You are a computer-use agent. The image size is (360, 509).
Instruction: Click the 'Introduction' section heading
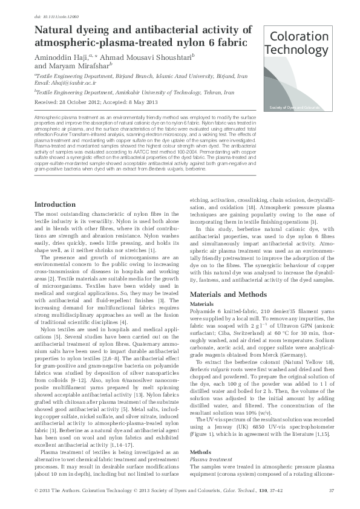point(55,205)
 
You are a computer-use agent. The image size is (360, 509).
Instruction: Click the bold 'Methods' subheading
point(200,452)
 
